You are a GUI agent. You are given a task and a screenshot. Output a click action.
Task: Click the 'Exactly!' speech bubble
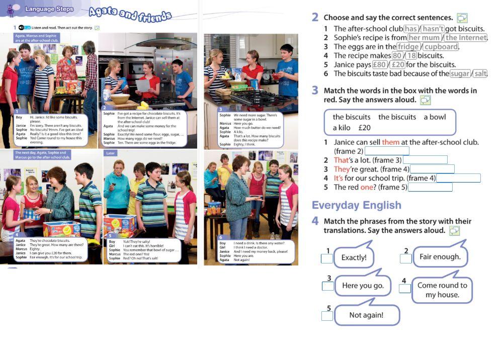click(x=354, y=258)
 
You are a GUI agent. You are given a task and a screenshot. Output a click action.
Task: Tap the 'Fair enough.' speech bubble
click(x=440, y=257)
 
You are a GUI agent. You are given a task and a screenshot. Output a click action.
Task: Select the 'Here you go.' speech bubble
click(x=362, y=286)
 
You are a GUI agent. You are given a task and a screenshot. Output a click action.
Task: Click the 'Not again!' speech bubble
click(x=366, y=315)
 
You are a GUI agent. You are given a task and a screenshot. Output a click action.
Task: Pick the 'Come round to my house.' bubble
click(x=442, y=290)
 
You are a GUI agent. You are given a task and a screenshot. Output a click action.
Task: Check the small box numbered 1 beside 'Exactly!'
click(x=327, y=258)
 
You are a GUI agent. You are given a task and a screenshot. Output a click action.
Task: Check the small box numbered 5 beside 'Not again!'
click(x=327, y=316)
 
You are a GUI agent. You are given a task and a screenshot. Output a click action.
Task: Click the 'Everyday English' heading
click(x=356, y=205)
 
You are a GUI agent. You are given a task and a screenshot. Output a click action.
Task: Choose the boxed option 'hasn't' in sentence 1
click(x=433, y=29)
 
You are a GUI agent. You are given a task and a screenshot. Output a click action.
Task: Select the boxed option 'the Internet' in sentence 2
click(x=466, y=38)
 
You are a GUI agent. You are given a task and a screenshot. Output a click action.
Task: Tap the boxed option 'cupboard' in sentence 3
click(x=441, y=47)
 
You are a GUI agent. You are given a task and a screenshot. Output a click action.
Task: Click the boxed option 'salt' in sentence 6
click(x=480, y=73)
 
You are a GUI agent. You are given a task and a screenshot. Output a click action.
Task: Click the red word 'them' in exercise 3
click(x=390, y=142)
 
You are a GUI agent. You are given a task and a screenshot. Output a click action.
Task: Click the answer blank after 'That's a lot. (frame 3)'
click(x=425, y=160)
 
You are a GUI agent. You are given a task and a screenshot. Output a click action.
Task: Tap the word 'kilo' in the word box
click(x=344, y=128)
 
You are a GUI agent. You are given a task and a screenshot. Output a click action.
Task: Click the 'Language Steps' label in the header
click(x=49, y=9)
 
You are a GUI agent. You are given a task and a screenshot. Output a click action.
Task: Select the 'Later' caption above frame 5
click(x=111, y=152)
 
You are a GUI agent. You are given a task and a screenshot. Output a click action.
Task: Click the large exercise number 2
click(x=315, y=17)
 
